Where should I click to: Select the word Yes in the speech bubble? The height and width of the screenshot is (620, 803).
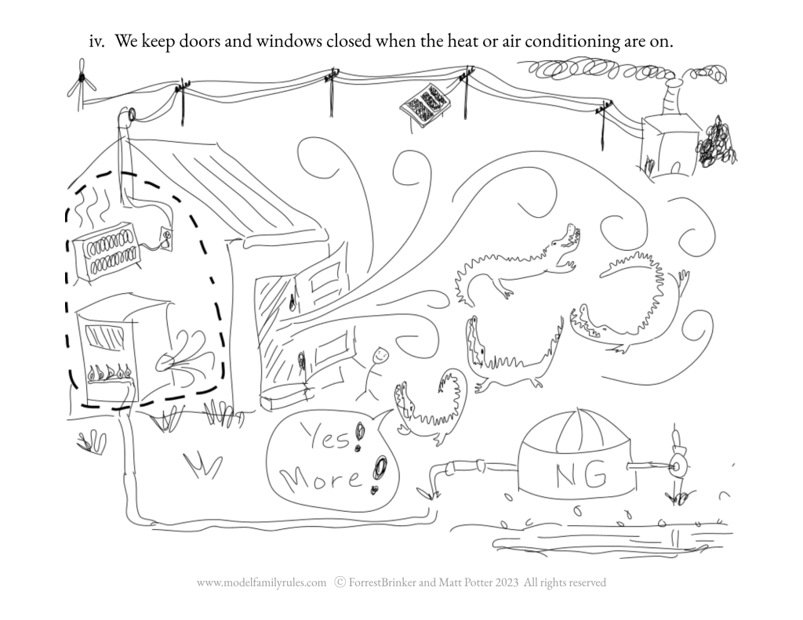click(326, 437)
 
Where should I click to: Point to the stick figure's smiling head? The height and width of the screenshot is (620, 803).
click(380, 354)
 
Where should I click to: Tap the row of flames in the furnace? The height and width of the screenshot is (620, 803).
click(108, 372)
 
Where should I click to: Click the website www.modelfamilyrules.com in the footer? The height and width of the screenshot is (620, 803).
click(261, 582)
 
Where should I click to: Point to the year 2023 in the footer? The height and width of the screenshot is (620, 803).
click(507, 582)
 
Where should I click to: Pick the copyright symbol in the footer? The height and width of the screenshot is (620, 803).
click(340, 582)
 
